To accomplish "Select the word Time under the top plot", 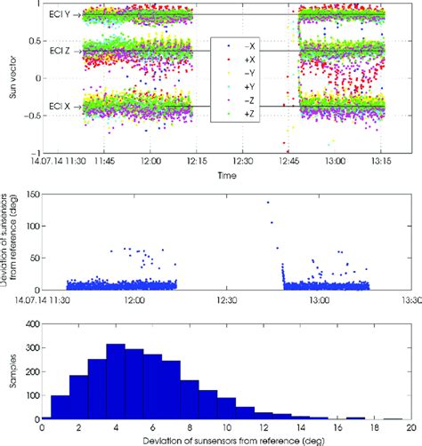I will point(225,177).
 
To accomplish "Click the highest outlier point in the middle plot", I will point(268,203).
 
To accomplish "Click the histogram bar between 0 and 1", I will point(61,408).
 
